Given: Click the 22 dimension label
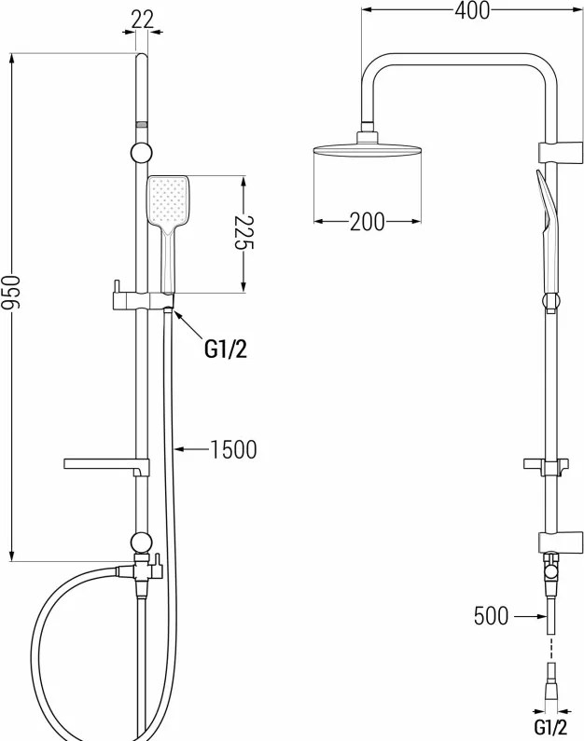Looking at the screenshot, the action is tap(143, 20).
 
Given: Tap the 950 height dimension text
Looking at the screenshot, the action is tap(10, 293).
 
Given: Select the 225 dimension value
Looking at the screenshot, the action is tap(244, 232).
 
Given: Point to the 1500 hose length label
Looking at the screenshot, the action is tap(233, 449).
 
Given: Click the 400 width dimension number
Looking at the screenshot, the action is tap(472, 10).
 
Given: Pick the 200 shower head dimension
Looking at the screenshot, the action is tap(368, 221).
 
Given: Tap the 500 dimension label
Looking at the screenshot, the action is tap(491, 616).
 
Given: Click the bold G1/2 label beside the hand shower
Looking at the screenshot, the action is tap(226, 350).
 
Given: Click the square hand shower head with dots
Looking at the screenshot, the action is tap(168, 201).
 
